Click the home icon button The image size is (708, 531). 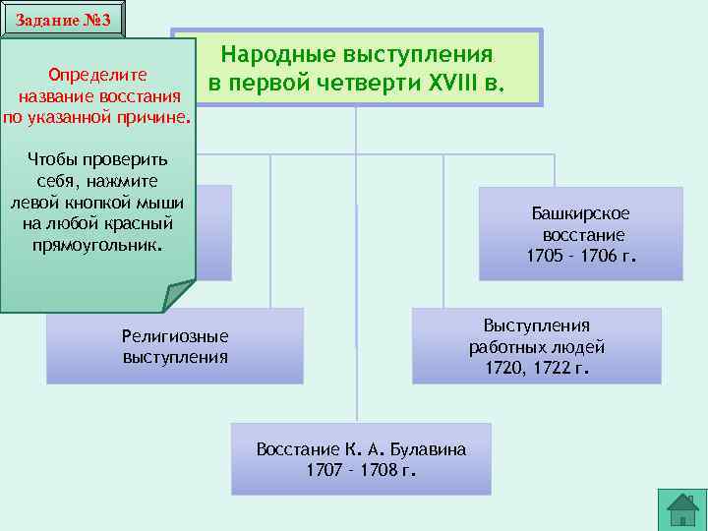pyautogui.click(x=682, y=508)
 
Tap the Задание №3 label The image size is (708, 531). pyautogui.click(x=63, y=21)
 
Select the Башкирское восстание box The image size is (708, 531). pyautogui.click(x=580, y=234)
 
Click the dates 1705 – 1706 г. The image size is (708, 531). pyautogui.click(x=581, y=257)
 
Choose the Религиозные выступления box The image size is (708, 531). pyautogui.click(x=175, y=346)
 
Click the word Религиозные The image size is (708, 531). pyautogui.click(x=175, y=336)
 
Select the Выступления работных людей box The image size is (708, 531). pyautogui.click(x=536, y=346)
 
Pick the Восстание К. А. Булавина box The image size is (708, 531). pyautogui.click(x=361, y=459)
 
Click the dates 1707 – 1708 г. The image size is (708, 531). pyautogui.click(x=361, y=470)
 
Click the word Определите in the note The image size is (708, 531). pyautogui.click(x=97, y=75)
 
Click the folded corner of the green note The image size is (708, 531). pyautogui.click(x=180, y=296)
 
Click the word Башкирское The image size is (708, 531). pyautogui.click(x=581, y=213)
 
